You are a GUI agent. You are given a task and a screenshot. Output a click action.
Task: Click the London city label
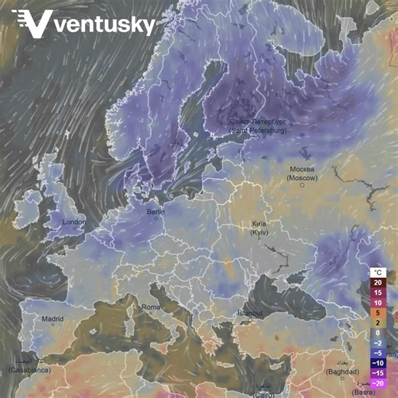coord(74,222)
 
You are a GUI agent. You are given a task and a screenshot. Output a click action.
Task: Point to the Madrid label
coord(52,318)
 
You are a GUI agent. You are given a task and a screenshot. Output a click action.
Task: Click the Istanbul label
coord(250,313)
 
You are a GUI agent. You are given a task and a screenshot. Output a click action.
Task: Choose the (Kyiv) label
coord(259,231)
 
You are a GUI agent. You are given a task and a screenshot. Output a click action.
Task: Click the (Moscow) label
coord(302,178)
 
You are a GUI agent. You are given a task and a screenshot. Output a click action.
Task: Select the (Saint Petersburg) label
coord(257,131)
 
